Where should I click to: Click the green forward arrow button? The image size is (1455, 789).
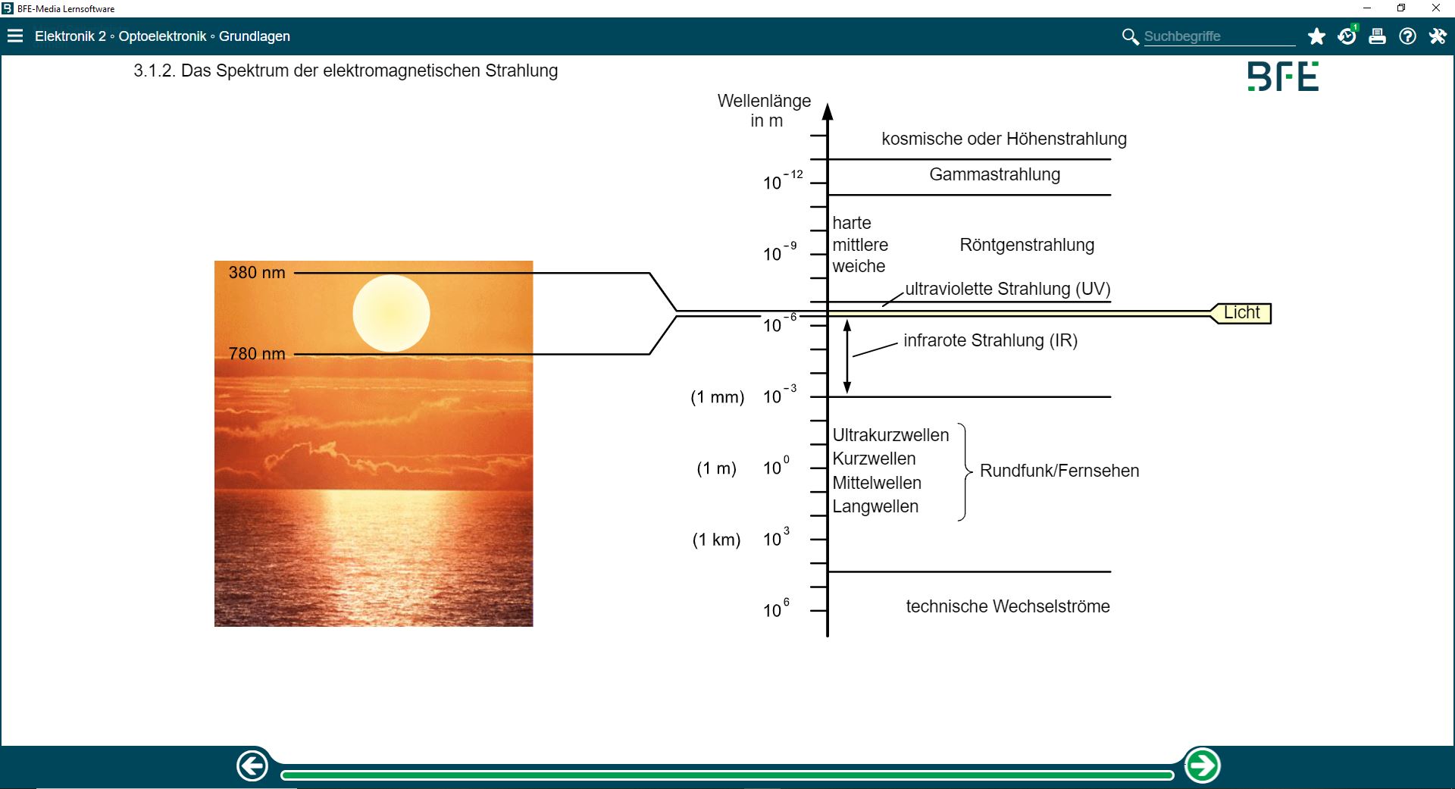pos(1203,766)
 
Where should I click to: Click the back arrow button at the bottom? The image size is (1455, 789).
pos(252,766)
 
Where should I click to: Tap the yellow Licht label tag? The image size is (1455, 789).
pos(1241,313)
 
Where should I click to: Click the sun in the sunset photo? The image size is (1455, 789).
pos(391,313)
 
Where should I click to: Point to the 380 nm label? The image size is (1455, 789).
pos(257,273)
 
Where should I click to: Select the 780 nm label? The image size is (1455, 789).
pos(257,354)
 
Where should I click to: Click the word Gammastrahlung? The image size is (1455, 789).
pos(994,175)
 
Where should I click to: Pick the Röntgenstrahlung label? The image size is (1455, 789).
pos(1027,246)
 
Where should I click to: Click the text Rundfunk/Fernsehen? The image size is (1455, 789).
pos(1059,471)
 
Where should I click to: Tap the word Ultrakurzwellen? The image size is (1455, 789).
pos(890,435)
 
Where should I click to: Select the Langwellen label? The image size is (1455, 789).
pos(875,506)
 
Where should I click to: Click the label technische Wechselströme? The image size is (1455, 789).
pos(1007,606)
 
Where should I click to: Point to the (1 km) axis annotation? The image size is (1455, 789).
pos(716,540)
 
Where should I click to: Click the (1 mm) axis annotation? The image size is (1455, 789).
pos(717,397)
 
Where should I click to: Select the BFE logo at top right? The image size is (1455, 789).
pos(1283,77)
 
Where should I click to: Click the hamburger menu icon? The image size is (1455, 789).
pos(15,36)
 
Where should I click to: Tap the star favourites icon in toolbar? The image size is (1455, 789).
pos(1316,36)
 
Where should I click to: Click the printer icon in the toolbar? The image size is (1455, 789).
pos(1377,36)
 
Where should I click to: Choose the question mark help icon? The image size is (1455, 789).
pos(1407,36)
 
